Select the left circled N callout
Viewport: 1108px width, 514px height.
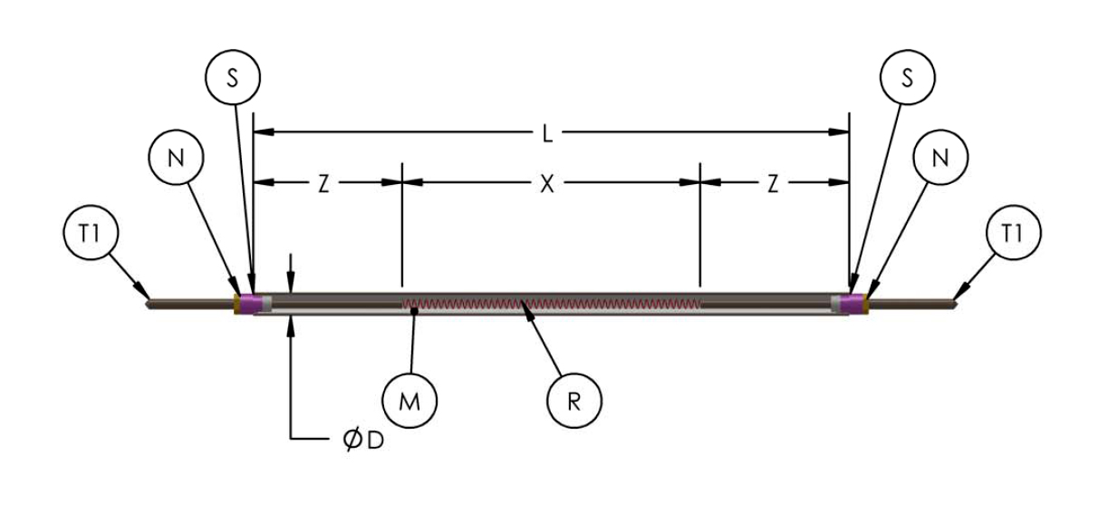(x=176, y=157)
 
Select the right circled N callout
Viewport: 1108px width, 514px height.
(x=940, y=157)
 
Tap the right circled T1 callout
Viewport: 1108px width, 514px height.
(x=1013, y=235)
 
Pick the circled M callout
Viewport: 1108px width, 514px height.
(x=409, y=400)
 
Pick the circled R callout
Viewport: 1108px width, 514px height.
(x=573, y=400)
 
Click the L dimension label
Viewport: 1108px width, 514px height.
(x=548, y=133)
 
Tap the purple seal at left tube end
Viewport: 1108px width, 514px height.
(x=250, y=302)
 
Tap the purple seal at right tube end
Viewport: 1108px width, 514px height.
(x=852, y=302)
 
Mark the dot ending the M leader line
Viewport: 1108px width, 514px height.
(x=415, y=312)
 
